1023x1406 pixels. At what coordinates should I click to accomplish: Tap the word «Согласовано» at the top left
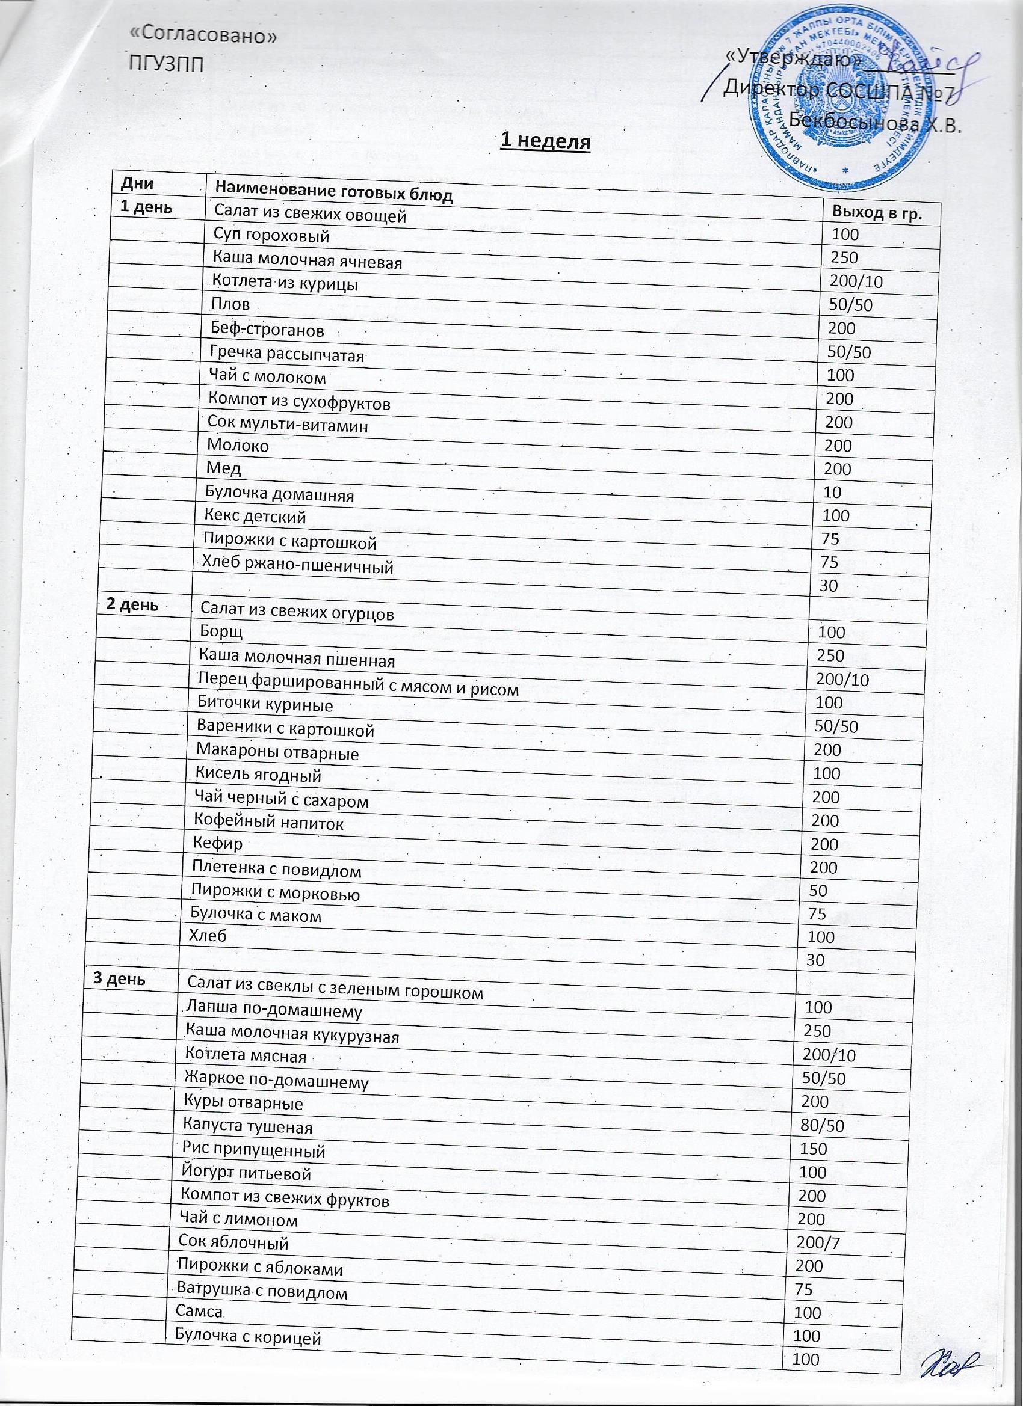(202, 35)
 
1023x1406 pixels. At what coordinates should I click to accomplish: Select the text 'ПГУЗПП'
(165, 63)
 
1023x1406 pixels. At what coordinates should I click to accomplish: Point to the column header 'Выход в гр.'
(876, 214)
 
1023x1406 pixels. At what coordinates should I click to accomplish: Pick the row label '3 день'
(119, 979)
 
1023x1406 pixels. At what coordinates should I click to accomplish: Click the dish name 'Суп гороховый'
(271, 235)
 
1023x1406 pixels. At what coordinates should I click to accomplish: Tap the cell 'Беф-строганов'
(267, 330)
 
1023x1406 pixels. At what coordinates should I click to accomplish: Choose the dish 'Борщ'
(221, 631)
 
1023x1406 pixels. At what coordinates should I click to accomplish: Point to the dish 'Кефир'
(217, 843)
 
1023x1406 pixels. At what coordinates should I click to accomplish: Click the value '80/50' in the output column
(823, 1125)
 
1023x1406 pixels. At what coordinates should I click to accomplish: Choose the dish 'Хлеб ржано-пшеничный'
(298, 564)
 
